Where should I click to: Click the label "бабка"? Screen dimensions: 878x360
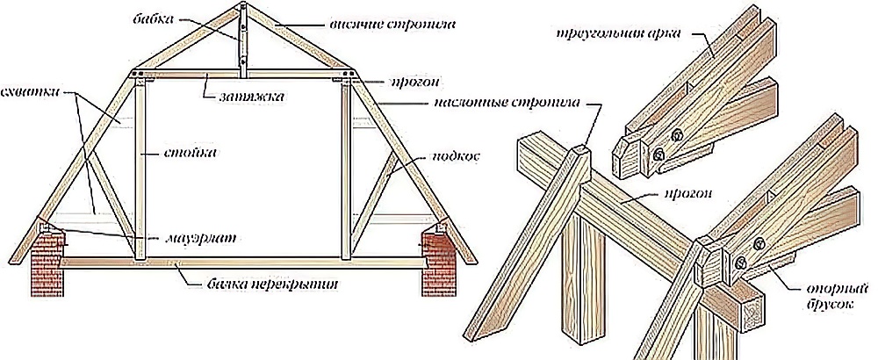pos(154,19)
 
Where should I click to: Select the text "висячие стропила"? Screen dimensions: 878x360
pos(392,25)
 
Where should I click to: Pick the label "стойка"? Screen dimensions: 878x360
pos(191,152)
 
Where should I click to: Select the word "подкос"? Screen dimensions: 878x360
pos(455,157)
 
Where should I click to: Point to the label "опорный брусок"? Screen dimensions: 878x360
pos(837,298)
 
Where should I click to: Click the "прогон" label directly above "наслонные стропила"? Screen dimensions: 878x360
pos(414,83)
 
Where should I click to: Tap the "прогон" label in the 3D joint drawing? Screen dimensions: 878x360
pos(688,194)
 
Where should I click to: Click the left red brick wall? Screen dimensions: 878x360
pos(47,263)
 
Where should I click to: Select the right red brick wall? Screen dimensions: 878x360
pos(437,263)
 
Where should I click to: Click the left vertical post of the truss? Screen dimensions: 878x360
pos(140,168)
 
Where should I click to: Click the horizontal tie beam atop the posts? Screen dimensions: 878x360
pos(242,74)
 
